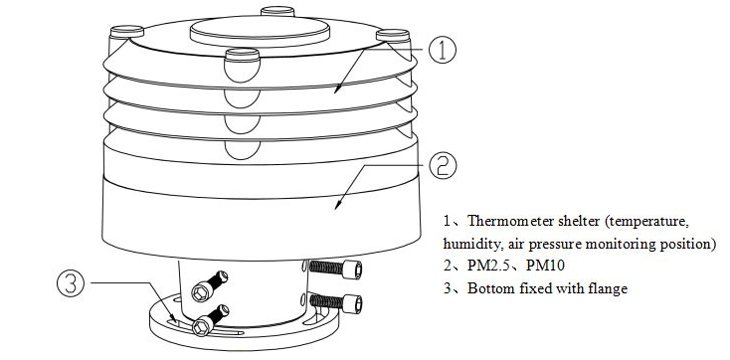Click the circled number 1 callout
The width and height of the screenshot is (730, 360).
point(443,51)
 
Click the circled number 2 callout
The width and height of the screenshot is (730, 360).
point(443,166)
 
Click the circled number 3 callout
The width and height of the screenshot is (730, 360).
point(71,283)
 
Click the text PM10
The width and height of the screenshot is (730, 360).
point(545,266)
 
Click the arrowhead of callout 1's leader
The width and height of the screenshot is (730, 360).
point(337,89)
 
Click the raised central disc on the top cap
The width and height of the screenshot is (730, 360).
point(260,31)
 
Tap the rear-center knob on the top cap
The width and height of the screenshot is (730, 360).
point(277,11)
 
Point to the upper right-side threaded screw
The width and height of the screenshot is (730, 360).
point(336,268)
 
